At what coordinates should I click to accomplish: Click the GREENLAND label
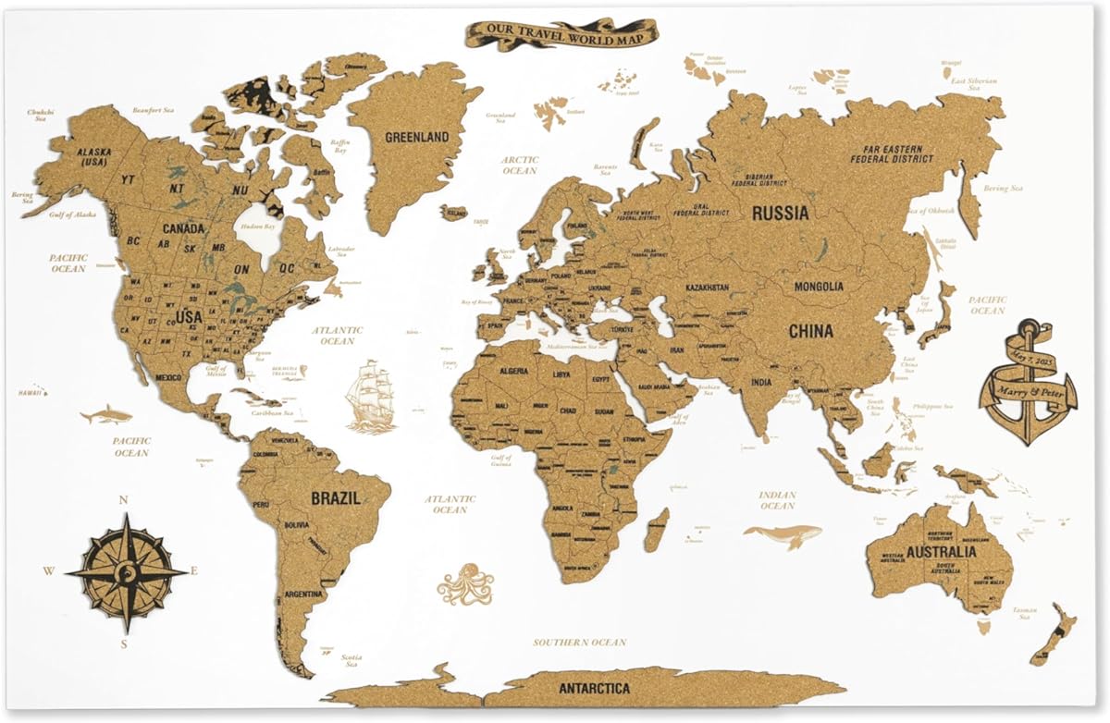coord(417,137)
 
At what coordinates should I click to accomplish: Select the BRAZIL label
coord(335,497)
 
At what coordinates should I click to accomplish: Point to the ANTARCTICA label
coord(595,689)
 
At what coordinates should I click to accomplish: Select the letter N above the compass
coord(123,501)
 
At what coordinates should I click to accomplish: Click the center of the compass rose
coord(126,572)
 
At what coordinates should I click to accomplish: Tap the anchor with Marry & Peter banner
coord(1028,380)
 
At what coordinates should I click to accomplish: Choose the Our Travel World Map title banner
coord(561,34)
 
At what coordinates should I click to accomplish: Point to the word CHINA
coord(810,330)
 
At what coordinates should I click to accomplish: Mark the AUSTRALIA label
coord(941,552)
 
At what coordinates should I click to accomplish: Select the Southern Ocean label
coord(579,642)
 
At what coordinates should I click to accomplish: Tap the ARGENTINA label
coord(303,594)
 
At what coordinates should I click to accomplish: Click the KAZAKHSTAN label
coord(707,288)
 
